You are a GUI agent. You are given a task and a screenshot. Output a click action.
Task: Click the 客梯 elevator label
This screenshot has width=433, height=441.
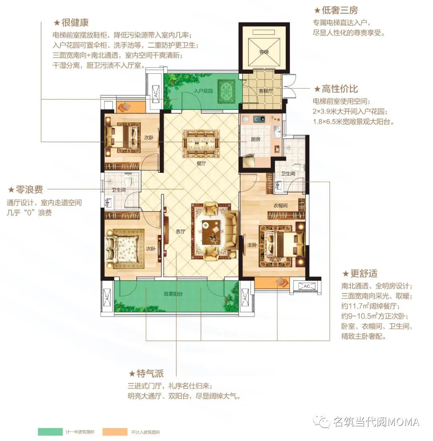click(264, 52)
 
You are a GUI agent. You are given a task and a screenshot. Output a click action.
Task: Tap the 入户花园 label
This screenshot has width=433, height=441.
click(203, 91)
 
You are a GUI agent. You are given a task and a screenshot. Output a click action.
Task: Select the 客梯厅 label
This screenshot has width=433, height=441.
click(265, 91)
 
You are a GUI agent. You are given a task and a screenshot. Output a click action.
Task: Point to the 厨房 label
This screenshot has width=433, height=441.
click(255, 139)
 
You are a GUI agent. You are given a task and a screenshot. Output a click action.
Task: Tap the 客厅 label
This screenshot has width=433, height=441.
click(180, 231)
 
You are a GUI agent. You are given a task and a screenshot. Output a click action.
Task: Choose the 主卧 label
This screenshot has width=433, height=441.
click(252, 245)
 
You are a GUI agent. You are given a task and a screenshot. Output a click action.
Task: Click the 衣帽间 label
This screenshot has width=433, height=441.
click(281, 206)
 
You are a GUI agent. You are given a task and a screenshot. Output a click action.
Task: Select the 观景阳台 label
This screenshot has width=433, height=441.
click(173, 294)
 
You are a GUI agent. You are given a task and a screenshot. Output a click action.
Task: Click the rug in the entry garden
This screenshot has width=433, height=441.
click(227, 91)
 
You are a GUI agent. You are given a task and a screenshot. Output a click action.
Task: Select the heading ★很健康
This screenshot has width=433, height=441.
click(71, 22)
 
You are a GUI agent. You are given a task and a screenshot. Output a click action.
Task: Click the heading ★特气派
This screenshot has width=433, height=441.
click(146, 374)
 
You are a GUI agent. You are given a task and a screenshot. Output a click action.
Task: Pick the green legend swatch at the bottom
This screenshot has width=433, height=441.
click(50, 432)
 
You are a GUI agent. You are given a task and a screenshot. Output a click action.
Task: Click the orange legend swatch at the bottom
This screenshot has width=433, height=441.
click(115, 432)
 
